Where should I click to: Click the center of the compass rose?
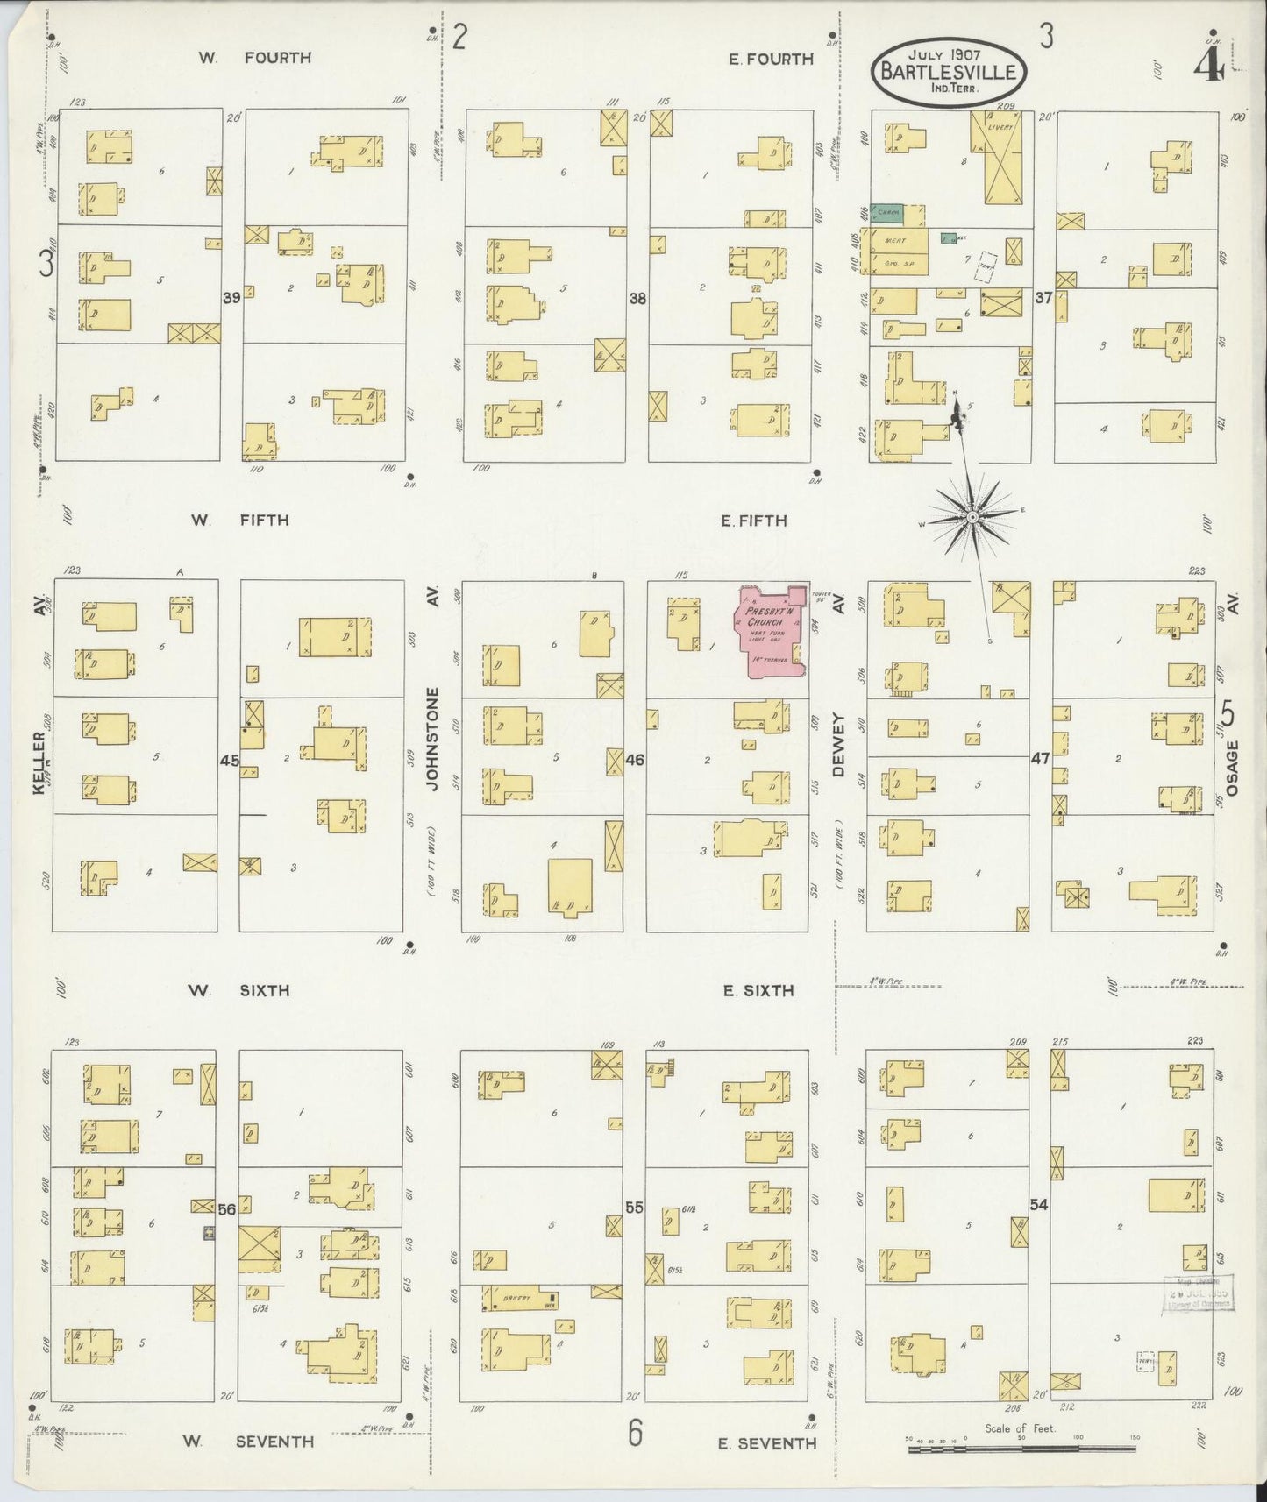click(x=972, y=518)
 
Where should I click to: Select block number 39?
click(x=231, y=298)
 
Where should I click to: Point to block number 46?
click(x=635, y=759)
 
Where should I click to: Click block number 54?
click(x=1039, y=1205)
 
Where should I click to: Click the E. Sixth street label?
click(x=758, y=991)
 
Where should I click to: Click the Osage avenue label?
click(x=1232, y=767)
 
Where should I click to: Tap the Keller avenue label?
click(x=39, y=762)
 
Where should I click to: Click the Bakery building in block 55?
click(x=517, y=1300)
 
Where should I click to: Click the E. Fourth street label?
click(x=771, y=59)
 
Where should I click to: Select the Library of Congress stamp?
click(x=1198, y=1293)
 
